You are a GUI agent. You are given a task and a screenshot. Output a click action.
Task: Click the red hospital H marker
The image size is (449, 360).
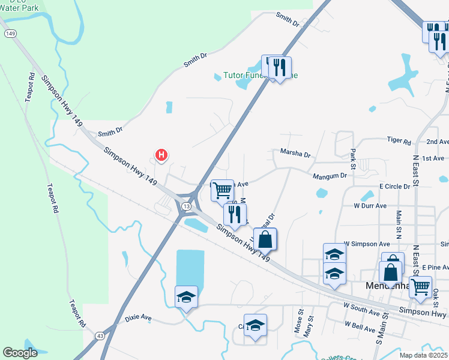tap(161, 155)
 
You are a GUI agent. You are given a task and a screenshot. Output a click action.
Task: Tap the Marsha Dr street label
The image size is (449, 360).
tap(295, 154)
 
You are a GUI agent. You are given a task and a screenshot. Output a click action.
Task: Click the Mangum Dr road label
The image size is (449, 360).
tap(330, 176)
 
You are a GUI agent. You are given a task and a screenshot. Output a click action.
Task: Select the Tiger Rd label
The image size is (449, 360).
tap(399, 142)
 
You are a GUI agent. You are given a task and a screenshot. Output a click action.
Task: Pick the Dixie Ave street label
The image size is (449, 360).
tap(139, 317)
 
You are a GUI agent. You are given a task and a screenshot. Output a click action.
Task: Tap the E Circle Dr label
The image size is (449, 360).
tap(394, 187)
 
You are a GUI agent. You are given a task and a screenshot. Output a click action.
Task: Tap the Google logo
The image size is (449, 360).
tap(20, 353)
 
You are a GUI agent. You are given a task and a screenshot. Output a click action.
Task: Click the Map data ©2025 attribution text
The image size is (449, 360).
tap(423, 355)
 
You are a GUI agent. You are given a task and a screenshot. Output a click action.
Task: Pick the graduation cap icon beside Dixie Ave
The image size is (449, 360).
tap(186, 297)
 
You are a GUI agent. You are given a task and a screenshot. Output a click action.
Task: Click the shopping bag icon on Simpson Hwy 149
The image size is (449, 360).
tap(265, 239)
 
